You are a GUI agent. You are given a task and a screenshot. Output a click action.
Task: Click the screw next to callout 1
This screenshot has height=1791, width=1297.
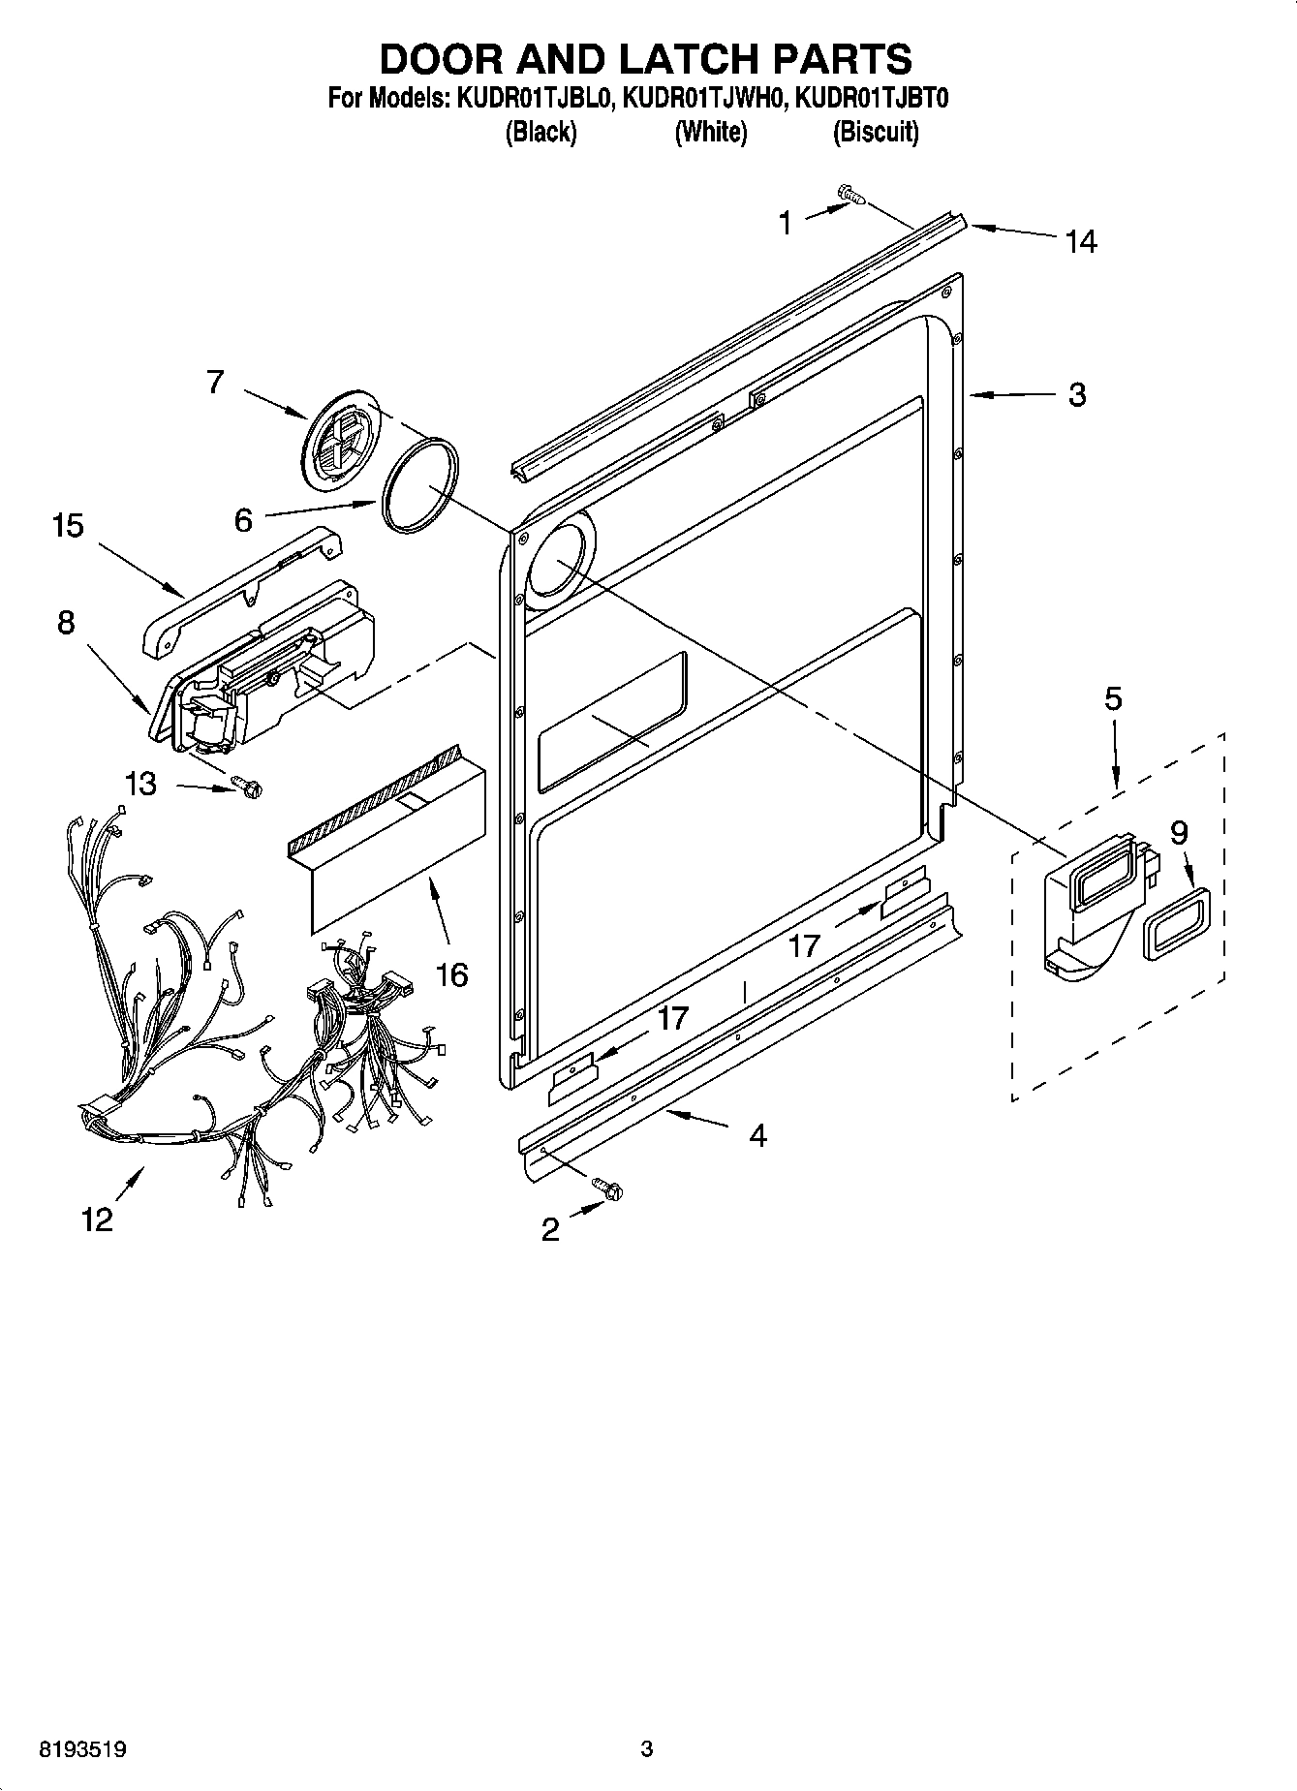851,196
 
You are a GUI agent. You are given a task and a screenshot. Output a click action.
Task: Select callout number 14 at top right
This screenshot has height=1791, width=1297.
1080,241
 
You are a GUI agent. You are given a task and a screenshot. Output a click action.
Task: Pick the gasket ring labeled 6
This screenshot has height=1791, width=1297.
419,483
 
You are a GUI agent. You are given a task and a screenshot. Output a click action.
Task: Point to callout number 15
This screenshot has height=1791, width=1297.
68,526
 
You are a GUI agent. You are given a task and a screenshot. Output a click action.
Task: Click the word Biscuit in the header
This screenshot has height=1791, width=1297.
876,132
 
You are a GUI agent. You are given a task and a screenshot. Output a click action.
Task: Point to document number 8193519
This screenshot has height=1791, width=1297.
82,1749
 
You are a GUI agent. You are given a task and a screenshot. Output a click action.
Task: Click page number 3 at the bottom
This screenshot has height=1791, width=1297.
647,1748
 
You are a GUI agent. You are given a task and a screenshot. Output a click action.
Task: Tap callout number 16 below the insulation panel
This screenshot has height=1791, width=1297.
451,973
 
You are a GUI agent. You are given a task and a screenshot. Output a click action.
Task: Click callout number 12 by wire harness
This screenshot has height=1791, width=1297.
97,1219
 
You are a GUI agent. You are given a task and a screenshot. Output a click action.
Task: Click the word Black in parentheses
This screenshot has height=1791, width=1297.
540,132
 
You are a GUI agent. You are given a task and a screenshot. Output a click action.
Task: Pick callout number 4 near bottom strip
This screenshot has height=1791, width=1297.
757,1134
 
